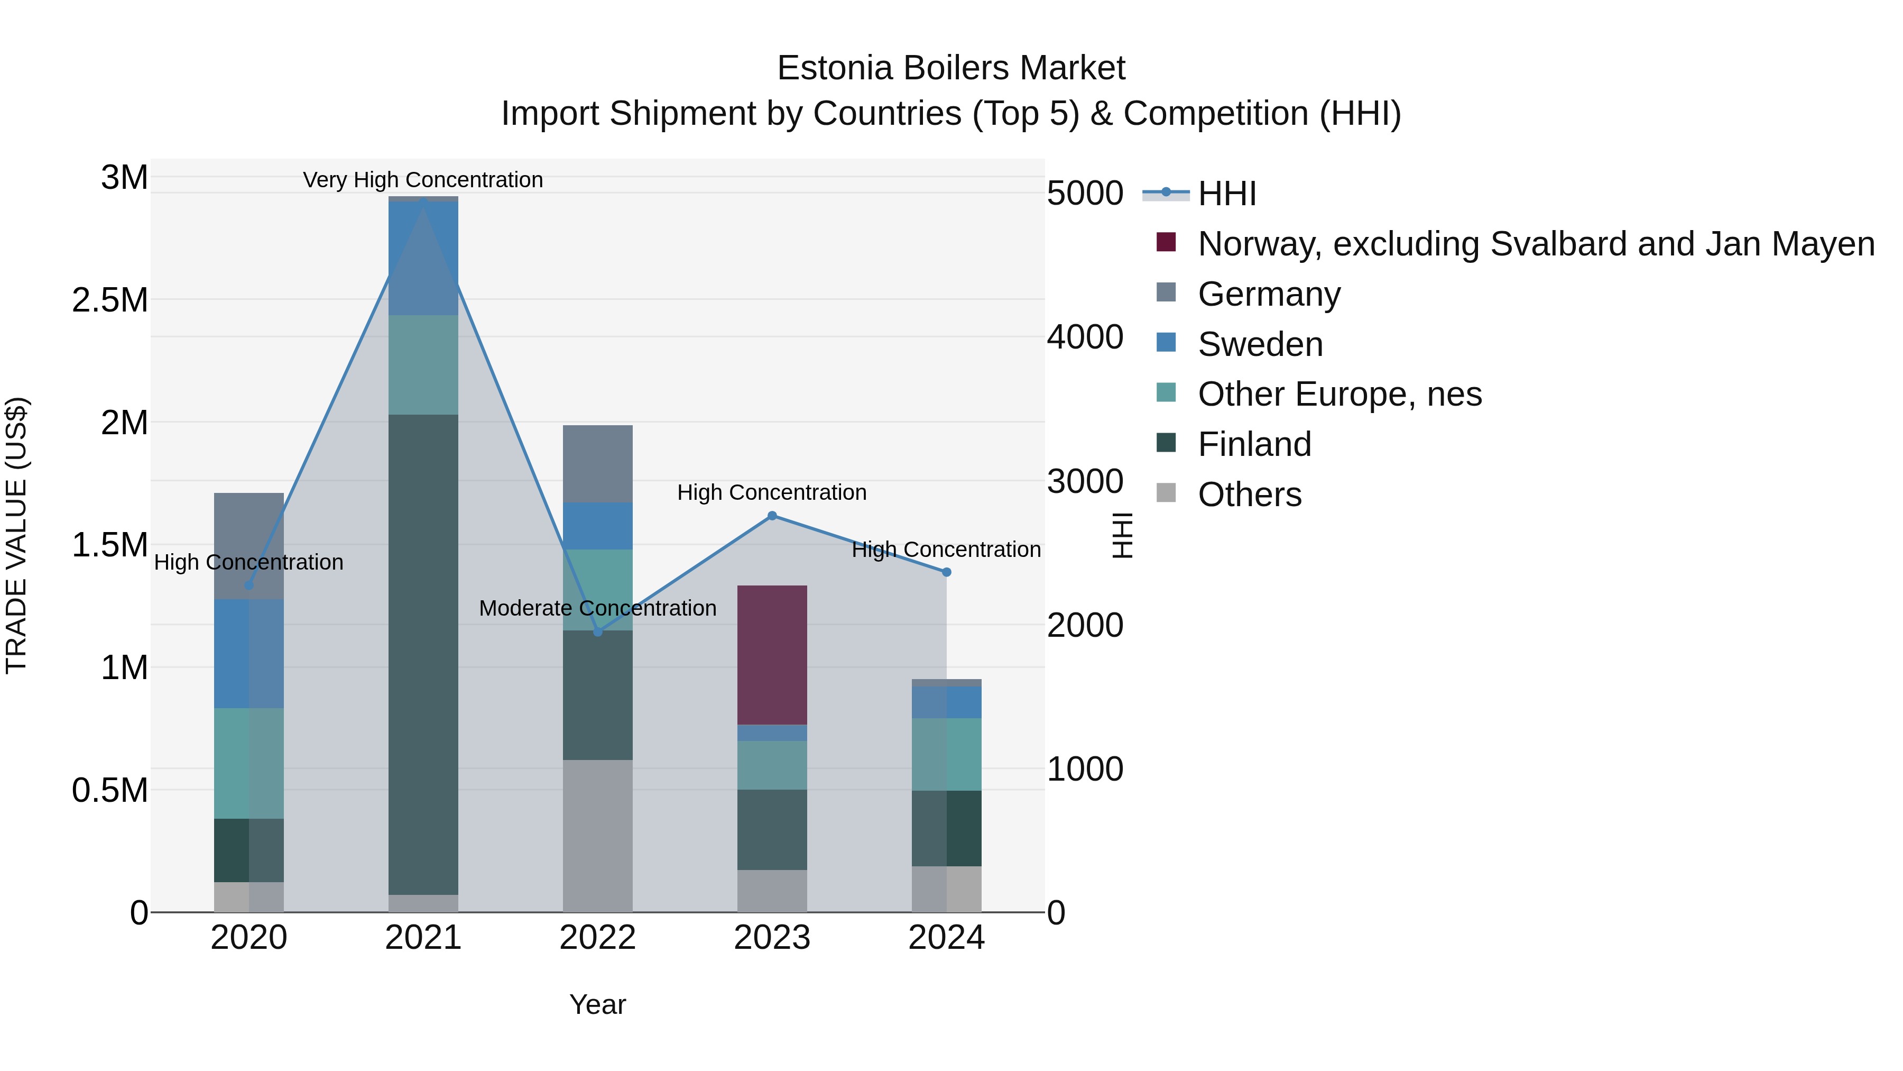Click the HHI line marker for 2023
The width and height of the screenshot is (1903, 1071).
click(x=772, y=516)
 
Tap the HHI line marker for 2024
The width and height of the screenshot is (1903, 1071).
click(x=946, y=572)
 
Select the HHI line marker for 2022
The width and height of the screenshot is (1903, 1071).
click(x=598, y=632)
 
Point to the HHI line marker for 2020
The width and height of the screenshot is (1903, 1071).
click(x=249, y=585)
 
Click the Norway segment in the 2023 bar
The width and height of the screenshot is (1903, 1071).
click(x=772, y=655)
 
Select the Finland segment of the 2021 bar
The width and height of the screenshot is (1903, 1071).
click(x=423, y=654)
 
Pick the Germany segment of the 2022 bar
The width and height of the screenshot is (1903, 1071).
click(x=598, y=464)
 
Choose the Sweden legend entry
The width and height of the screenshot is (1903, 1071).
click(x=1260, y=344)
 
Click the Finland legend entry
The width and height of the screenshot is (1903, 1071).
click(x=1254, y=444)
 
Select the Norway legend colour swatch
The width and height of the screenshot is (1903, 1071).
click(x=1166, y=242)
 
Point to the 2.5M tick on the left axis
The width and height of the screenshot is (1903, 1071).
click(x=110, y=300)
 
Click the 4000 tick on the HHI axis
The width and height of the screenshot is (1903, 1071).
click(x=1085, y=337)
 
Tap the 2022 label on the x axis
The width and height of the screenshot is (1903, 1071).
click(x=598, y=938)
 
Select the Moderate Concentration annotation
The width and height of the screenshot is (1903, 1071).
click(x=598, y=608)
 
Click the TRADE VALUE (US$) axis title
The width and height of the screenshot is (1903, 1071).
click(x=16, y=535)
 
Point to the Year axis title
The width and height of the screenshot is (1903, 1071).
click(x=598, y=1004)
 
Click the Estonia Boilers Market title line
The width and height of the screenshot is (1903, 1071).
click(x=951, y=68)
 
